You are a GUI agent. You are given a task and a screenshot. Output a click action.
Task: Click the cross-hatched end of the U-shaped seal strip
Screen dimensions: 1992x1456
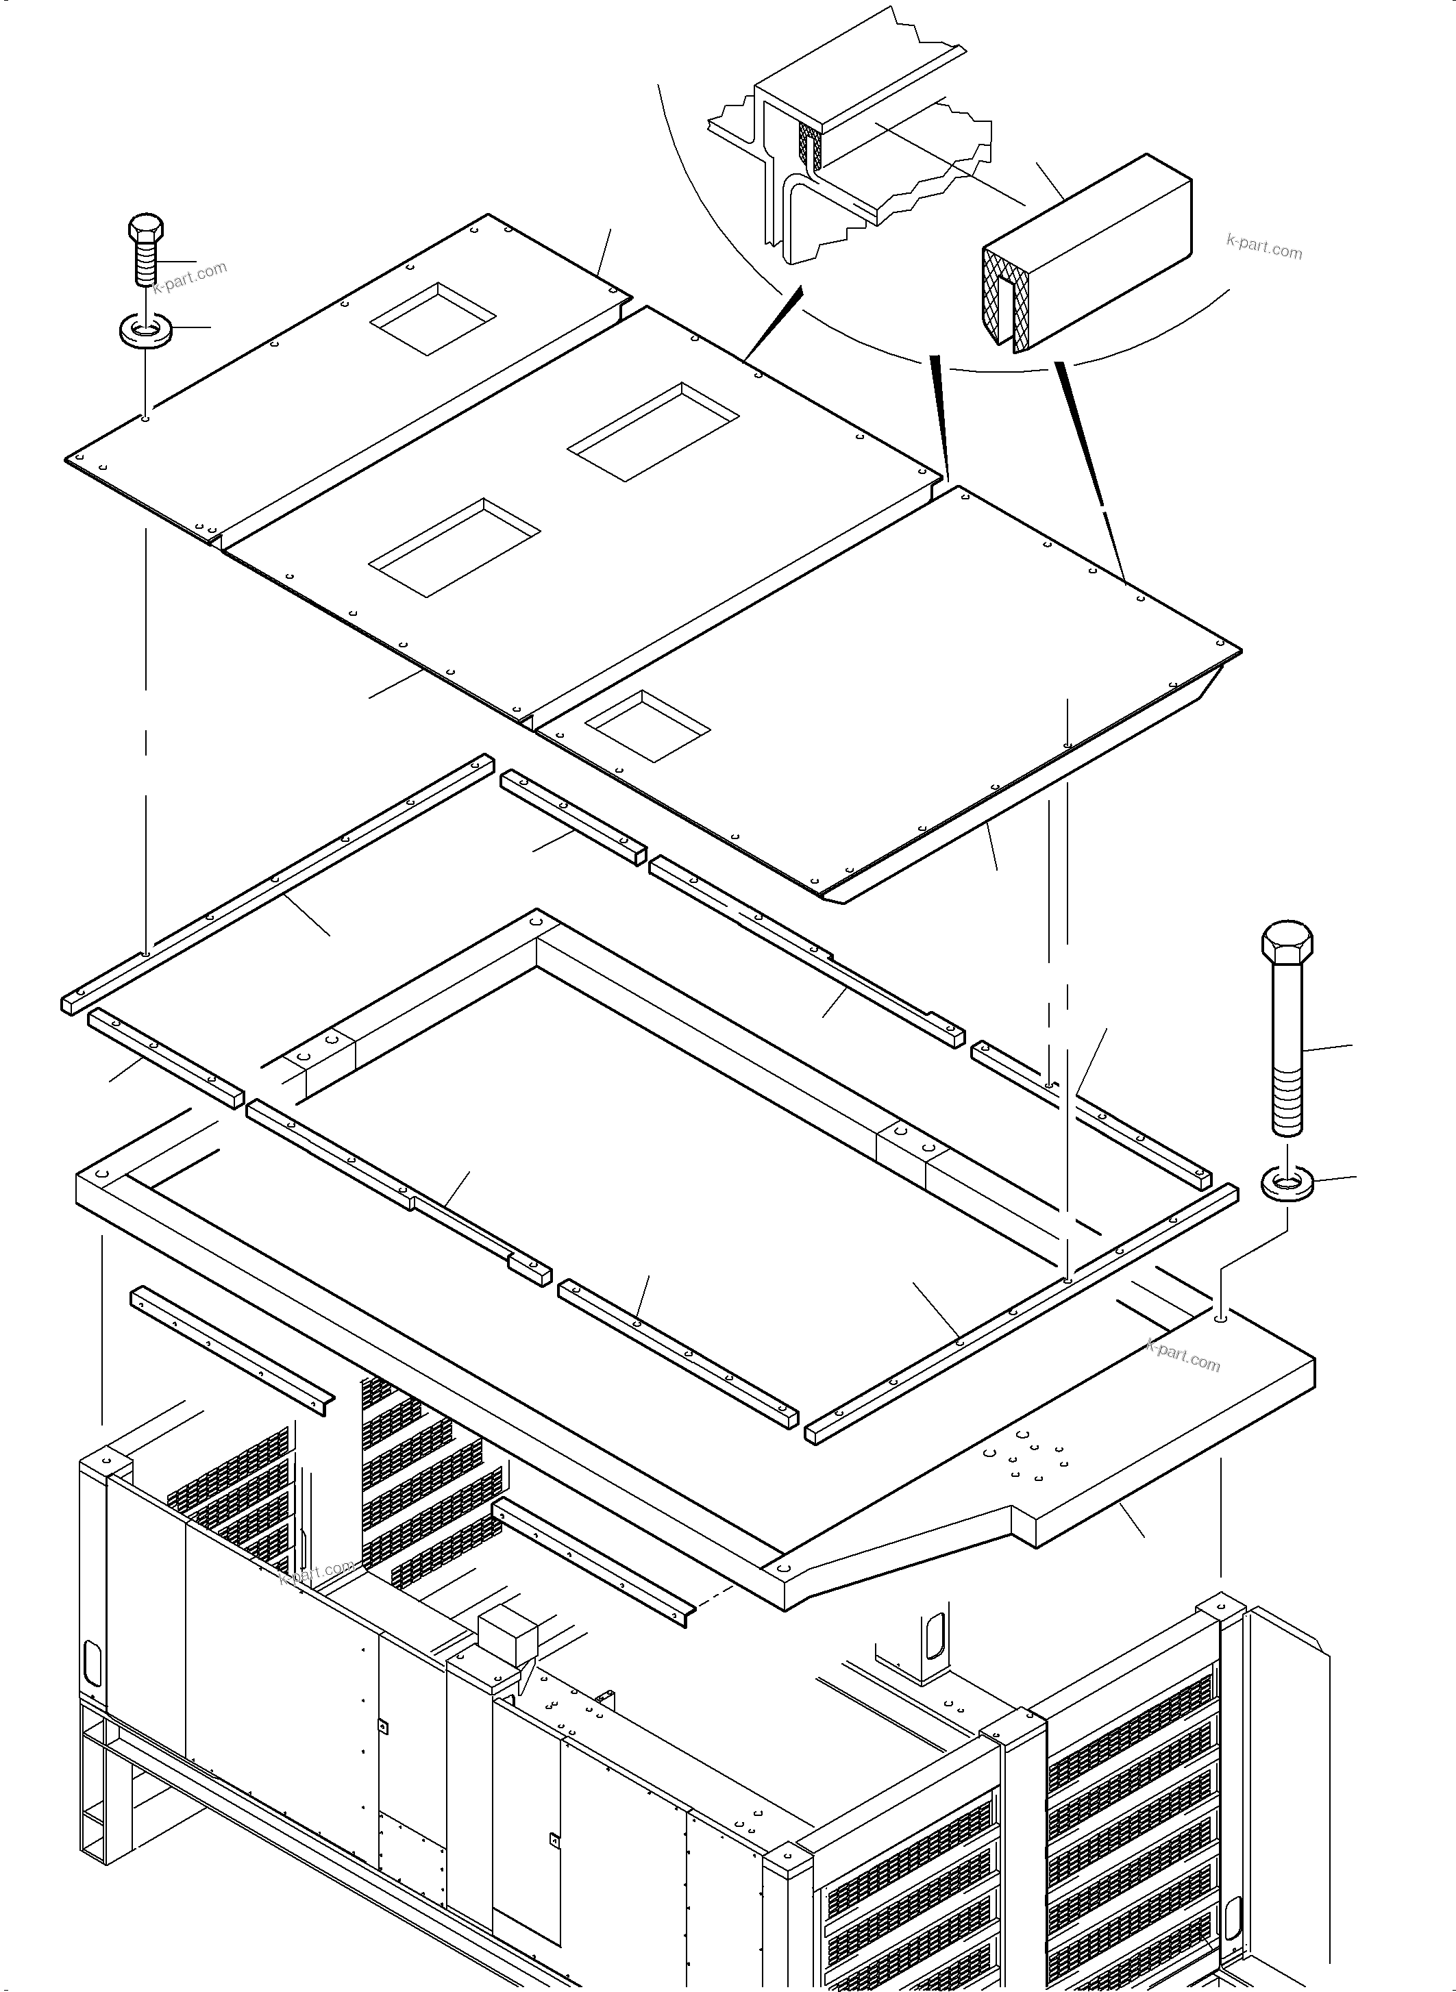[1000, 296]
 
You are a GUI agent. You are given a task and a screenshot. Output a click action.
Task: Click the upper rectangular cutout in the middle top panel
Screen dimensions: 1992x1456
[652, 432]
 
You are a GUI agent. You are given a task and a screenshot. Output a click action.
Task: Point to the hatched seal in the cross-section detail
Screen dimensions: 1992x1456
[809, 145]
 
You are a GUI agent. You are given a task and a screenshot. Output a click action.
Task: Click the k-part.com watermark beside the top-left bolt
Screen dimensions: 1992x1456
[190, 277]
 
